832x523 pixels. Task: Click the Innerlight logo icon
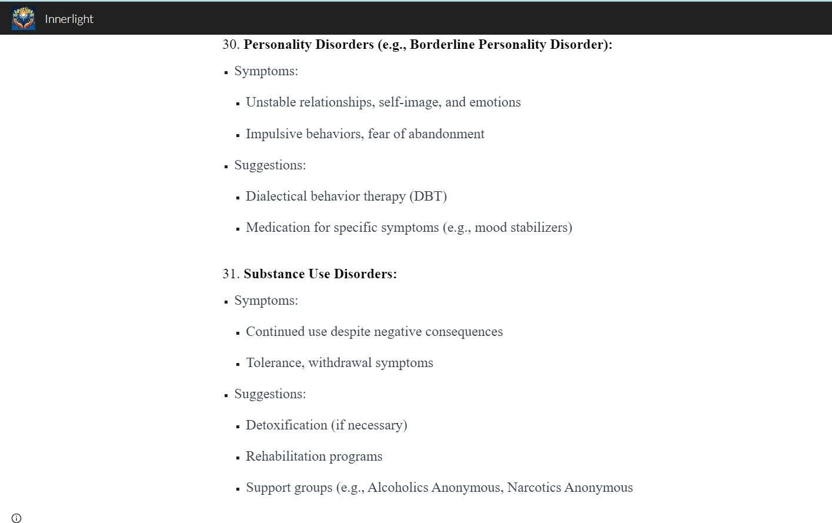pos(24,19)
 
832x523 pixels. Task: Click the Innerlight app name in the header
pos(69,19)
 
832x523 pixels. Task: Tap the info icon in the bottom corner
pos(16,518)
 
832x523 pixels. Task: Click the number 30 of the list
pos(230,45)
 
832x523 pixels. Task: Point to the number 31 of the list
pos(230,274)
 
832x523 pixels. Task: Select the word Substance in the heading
pos(274,274)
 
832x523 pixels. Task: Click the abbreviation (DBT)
pos(428,196)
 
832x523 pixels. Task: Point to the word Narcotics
pos(534,488)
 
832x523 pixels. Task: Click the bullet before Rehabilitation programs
pos(238,457)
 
